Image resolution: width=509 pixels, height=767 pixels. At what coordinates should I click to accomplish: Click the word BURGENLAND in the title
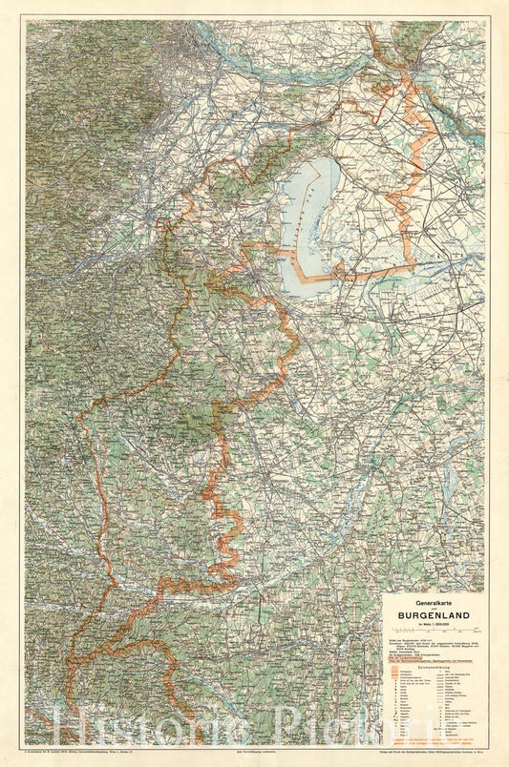coord(433,616)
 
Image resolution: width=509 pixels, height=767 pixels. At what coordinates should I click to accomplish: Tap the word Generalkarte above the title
coord(433,602)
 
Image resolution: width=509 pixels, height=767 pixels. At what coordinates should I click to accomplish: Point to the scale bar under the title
coord(433,635)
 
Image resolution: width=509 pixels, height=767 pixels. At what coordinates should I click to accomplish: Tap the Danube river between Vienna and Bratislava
coord(306,72)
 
